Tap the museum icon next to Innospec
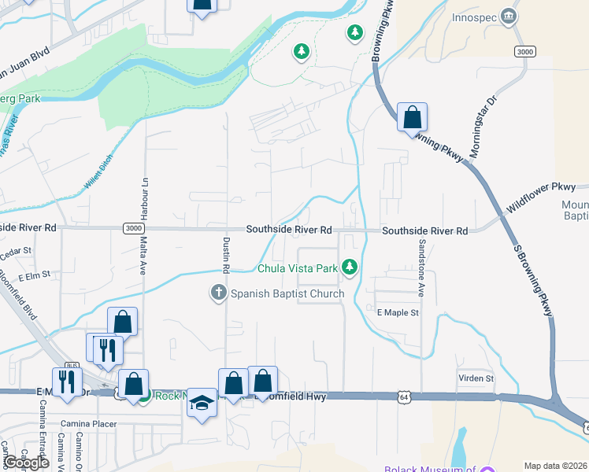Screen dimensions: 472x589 tap(509, 17)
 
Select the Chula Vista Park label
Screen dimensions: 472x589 tap(298, 268)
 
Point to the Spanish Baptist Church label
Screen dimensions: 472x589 tap(287, 294)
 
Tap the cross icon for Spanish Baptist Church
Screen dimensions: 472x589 tap(220, 293)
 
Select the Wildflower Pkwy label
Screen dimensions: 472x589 tap(542, 197)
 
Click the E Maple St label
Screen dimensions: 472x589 tap(398, 313)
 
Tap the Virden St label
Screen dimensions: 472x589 tap(476, 378)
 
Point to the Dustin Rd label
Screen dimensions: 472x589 tap(226, 254)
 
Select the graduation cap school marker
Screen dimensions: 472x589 tap(202, 404)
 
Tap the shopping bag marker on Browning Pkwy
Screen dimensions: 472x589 tap(412, 118)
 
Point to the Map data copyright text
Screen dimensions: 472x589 tap(555, 466)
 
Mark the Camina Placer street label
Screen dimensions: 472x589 tap(88, 424)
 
